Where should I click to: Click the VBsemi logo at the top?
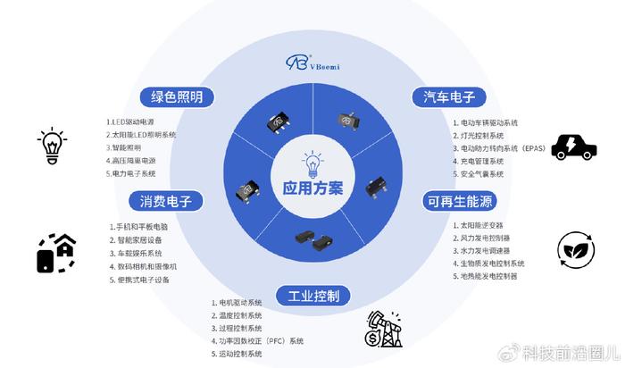(312, 63)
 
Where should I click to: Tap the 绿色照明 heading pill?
(177, 96)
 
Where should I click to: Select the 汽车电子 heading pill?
(449, 96)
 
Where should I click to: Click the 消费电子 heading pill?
(166, 201)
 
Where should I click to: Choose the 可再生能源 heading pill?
(460, 201)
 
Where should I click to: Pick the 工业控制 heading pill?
(313, 296)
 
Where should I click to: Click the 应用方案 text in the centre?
(312, 188)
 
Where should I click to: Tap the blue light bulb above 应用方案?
(312, 163)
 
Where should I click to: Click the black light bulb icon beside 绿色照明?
(52, 146)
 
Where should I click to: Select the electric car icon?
(574, 147)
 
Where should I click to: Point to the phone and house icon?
(56, 253)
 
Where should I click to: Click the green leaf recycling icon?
(576, 249)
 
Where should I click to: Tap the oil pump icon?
(384, 329)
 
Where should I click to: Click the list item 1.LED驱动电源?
(130, 122)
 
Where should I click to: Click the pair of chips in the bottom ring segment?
(314, 240)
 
